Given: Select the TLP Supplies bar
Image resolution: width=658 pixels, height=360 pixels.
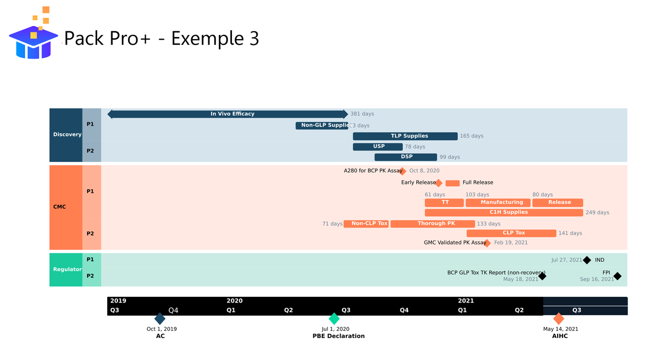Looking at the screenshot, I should point(405,136).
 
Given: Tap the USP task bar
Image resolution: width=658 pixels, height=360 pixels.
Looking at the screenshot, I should point(378,147).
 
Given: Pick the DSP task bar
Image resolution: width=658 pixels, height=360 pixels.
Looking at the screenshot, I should point(406,157).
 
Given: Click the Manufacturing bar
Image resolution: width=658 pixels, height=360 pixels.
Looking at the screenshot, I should point(498,203).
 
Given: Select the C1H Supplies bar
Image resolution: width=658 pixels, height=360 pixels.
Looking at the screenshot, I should point(504,213).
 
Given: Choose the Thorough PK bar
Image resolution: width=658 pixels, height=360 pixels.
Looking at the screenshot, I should point(432,224).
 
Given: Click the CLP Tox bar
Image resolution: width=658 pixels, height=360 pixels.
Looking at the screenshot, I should point(511,234).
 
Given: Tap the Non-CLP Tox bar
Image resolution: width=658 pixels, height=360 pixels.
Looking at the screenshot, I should point(366,224).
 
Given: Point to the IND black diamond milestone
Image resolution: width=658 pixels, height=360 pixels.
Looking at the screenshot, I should point(587,260).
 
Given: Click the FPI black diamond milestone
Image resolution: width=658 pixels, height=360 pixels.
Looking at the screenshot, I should point(617,276).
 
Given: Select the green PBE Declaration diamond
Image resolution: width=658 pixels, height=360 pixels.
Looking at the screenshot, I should point(334,319).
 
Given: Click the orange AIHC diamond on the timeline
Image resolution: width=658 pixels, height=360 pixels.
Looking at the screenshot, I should point(559,319).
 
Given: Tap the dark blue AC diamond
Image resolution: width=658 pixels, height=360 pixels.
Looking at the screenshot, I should point(160,319).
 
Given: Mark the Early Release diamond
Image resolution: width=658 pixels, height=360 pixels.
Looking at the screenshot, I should point(439,183).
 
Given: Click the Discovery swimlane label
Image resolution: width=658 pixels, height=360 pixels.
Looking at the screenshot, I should point(67,135).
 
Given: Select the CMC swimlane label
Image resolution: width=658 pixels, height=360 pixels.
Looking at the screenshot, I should point(60,207).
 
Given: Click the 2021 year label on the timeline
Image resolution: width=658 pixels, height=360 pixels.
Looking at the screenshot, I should point(466,301).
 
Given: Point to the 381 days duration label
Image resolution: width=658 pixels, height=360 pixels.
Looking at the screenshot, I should point(362,114).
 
